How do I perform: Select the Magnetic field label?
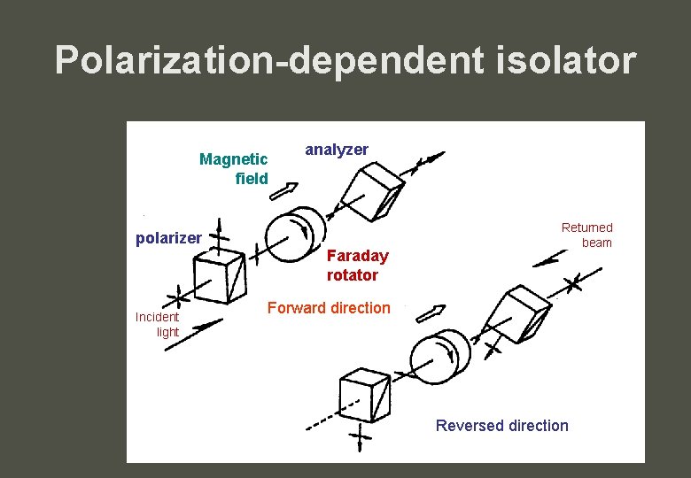[x=235, y=168]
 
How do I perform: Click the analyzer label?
[x=337, y=150]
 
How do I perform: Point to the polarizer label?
[x=168, y=238]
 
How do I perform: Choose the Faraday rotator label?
[x=356, y=265]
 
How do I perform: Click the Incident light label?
[x=158, y=324]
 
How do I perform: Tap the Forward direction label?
[x=329, y=308]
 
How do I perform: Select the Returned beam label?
[x=586, y=235]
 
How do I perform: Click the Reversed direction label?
[x=502, y=426]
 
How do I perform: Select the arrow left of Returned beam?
[x=552, y=257]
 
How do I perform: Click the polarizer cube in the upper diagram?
[x=220, y=274]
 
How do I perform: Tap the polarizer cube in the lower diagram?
[x=365, y=395]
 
